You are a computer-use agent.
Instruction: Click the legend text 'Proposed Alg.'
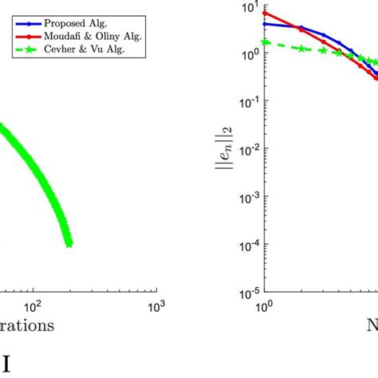65,20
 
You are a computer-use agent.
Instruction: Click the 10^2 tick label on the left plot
33,306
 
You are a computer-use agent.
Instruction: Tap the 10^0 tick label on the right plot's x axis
263,306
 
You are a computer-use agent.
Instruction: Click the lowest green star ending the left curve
69,243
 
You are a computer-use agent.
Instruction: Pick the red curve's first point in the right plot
264,13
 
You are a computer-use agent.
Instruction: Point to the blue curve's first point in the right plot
264,24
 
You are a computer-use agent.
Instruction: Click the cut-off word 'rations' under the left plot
27,325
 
